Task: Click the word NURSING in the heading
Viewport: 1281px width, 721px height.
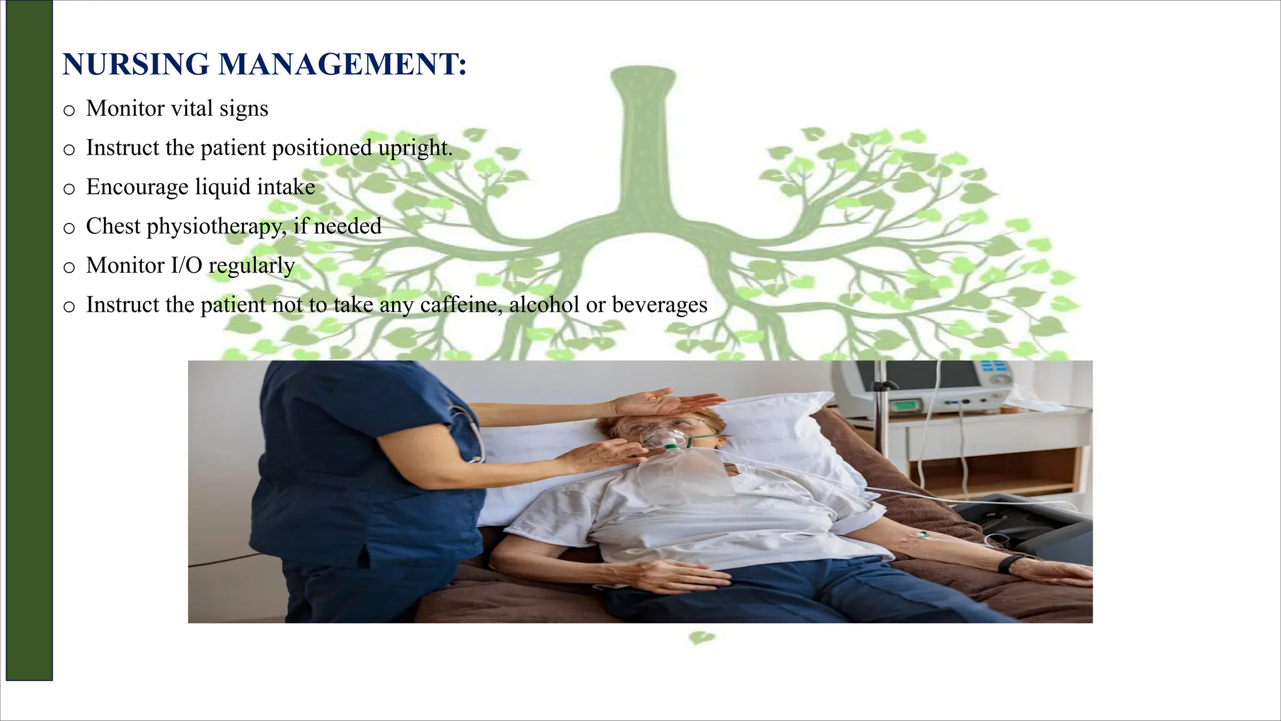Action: tap(136, 64)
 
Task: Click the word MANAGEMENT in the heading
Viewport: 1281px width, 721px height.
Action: tap(342, 64)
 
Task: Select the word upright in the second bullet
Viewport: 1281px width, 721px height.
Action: tap(415, 148)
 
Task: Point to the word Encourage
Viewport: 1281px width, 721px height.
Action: tap(136, 187)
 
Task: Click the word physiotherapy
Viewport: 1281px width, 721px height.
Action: tap(216, 227)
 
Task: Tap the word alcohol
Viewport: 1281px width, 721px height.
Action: tap(544, 305)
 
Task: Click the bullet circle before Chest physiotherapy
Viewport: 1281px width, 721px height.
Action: tap(69, 228)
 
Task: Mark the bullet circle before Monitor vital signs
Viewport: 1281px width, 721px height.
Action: tap(69, 111)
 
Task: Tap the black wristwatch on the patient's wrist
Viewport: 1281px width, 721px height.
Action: tap(1008, 563)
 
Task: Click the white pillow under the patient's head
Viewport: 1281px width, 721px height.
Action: tap(782, 432)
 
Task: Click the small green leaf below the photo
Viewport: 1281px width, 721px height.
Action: tap(702, 638)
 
